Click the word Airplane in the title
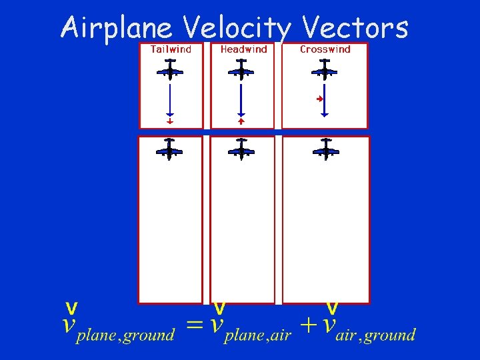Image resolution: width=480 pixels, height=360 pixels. pos(117,28)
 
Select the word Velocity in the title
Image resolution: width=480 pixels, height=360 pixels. pos(237,28)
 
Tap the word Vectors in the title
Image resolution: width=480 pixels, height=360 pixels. pos(355,28)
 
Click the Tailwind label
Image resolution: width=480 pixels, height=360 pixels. pos(171,49)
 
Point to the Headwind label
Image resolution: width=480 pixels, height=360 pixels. pos(243,49)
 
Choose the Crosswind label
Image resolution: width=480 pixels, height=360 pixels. pos(325,49)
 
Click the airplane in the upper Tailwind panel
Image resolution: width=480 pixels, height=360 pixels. pos(170,70)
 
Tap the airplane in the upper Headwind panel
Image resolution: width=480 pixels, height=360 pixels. pos(241,70)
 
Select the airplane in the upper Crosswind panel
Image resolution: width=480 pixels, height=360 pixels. pos(325,70)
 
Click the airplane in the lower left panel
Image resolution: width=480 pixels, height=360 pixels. pos(170,150)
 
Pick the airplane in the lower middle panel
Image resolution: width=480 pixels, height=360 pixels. pos(241,150)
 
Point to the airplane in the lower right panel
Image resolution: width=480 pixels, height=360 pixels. pos(326,150)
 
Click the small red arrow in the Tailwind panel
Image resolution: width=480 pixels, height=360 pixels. pos(170,122)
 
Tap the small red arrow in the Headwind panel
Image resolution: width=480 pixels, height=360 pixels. pos(241,121)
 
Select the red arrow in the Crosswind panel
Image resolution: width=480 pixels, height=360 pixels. pos(320,99)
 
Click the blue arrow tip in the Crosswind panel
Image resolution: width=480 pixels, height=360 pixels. pos(325,115)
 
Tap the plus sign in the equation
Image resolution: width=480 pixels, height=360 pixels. pos(309,325)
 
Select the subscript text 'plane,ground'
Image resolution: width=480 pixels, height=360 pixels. pos(125,335)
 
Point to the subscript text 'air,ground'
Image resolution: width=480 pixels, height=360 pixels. pos(376,335)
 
